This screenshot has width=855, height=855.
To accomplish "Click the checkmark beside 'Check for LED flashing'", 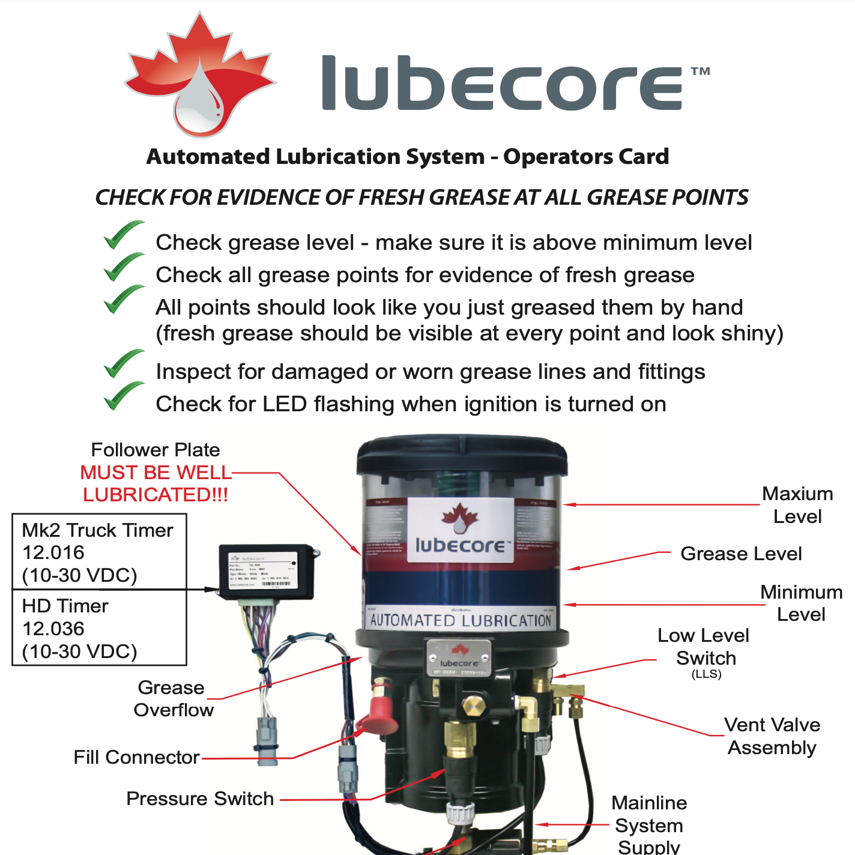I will click(123, 396).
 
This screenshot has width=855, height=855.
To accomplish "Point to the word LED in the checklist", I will click(285, 404).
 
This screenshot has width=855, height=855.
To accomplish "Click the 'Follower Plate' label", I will click(155, 450).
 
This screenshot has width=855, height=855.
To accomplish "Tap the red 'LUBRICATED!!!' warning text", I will click(156, 495).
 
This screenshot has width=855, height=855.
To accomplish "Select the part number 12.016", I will click(53, 552).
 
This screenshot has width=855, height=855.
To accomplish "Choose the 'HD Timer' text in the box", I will click(65, 606).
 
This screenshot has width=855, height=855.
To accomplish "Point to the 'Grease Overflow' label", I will click(173, 698).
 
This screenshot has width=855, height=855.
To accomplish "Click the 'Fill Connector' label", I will click(136, 757).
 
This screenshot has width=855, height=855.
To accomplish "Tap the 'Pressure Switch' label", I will click(200, 799).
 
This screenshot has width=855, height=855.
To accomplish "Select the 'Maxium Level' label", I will click(797, 505).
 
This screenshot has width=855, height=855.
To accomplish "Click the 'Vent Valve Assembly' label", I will click(772, 736).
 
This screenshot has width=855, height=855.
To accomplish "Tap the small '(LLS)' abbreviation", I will click(706, 674).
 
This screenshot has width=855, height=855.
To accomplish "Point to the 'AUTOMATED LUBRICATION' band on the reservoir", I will click(461, 620).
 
